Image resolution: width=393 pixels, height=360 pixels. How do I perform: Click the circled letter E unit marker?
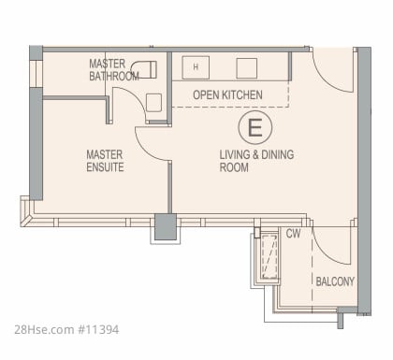(255, 127)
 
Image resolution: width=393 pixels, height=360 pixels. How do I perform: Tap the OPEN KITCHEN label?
(227, 94)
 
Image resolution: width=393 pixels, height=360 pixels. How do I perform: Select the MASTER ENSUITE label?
(105, 161)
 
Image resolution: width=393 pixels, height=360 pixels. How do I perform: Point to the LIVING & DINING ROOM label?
(256, 161)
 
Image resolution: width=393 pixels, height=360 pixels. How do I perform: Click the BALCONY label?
(335, 281)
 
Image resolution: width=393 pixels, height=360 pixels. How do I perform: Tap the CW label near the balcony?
(293, 234)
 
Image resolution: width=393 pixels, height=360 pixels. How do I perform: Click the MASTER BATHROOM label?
(114, 70)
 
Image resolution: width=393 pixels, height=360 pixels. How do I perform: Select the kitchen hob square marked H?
(196, 67)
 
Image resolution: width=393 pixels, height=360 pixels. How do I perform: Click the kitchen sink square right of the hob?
(247, 68)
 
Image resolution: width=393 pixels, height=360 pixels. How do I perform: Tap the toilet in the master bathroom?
(144, 69)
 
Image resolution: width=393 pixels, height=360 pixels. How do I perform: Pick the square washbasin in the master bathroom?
(153, 103)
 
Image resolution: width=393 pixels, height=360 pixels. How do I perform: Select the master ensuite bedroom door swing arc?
(148, 150)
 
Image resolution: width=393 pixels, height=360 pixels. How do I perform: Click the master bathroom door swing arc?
(135, 98)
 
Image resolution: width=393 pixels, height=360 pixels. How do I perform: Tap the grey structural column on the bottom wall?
(166, 226)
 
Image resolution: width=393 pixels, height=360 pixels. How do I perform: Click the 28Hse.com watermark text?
(44, 329)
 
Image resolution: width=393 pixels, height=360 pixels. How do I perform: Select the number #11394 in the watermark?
(98, 329)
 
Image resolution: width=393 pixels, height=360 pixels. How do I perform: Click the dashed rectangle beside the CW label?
(269, 257)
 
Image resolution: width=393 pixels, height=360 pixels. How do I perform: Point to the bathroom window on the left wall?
(36, 74)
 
